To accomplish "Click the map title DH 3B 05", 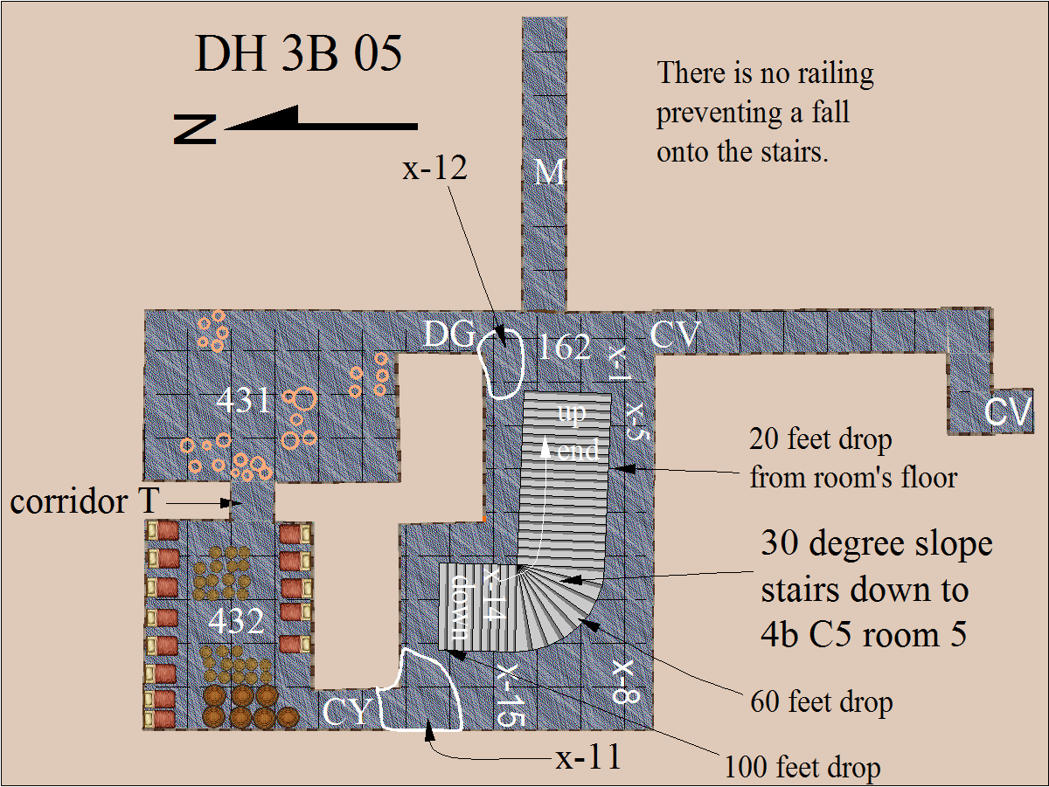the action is pos(298,53).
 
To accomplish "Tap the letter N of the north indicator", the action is pos(195,129).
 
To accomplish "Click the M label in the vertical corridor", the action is pos(550,172).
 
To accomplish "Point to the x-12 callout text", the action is pos(434,168).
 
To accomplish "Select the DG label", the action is pos(449,334).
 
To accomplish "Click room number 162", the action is pos(565,347).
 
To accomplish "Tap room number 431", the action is pos(243,400).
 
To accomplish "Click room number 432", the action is pos(237,621).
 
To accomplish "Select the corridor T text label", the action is pos(85,501).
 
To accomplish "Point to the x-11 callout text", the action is pos(588,757).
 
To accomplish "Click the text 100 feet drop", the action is pos(802,768).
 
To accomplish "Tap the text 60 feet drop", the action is pos(822,701).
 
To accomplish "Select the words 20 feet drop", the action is pos(821,438).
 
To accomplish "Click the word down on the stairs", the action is pos(460,607).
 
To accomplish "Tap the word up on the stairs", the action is pos(572,413).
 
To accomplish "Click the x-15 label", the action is pos(511,694).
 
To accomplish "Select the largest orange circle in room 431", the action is pos(304,399).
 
